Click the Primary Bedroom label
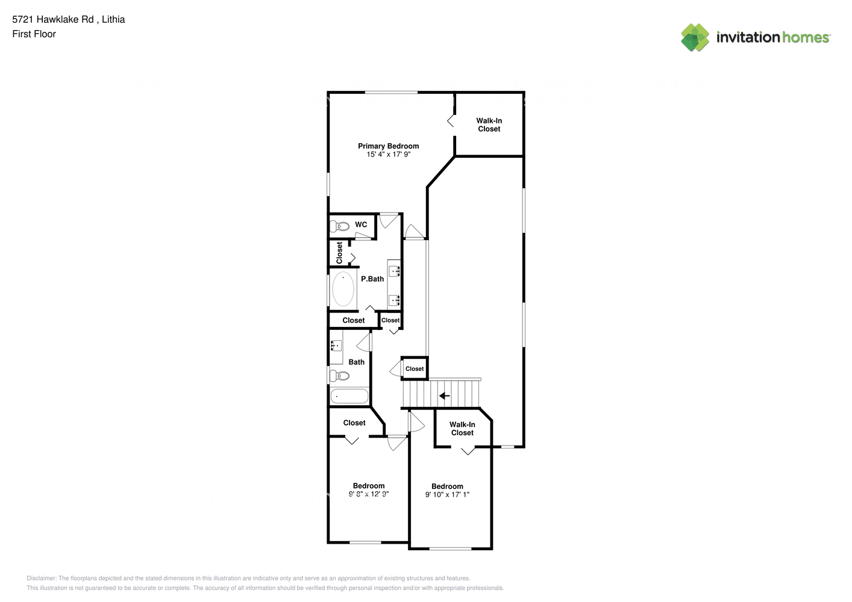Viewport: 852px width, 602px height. [x=388, y=146]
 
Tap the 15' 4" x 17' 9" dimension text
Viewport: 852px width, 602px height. [x=388, y=155]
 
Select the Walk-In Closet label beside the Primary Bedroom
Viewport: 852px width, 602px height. [x=489, y=125]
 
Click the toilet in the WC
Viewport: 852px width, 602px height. [x=340, y=226]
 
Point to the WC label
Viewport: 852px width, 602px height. [x=361, y=225]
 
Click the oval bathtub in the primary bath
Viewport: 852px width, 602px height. [x=343, y=289]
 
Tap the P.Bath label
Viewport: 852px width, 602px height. [x=372, y=279]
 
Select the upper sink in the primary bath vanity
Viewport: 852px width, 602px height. [x=395, y=270]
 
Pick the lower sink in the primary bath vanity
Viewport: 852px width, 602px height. [x=395, y=299]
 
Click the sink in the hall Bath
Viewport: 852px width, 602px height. [x=335, y=346]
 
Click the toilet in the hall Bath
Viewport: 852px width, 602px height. [x=340, y=376]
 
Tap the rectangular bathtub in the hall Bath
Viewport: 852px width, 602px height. [x=349, y=396]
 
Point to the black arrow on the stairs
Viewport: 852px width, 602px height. [x=444, y=396]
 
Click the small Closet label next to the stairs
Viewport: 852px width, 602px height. [x=415, y=369]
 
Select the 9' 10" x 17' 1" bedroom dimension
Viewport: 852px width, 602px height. [x=447, y=495]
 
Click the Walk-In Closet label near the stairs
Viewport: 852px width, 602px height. [x=462, y=429]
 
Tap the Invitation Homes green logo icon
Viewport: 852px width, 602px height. [x=695, y=37]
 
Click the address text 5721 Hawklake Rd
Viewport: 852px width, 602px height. [x=53, y=19]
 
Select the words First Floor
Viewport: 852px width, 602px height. [x=34, y=34]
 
